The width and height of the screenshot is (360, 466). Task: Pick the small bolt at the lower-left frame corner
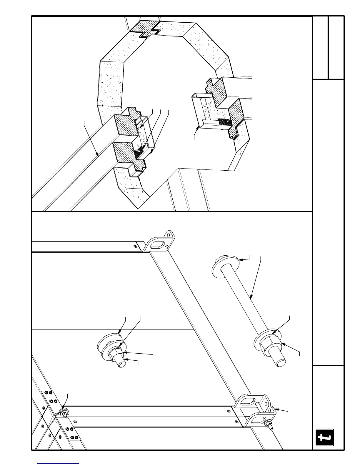[64, 413]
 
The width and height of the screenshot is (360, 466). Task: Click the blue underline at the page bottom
[59, 463]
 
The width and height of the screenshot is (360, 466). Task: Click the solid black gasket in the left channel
[139, 153]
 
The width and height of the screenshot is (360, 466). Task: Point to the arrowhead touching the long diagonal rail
[97, 154]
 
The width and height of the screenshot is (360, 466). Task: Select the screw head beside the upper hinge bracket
[135, 246]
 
